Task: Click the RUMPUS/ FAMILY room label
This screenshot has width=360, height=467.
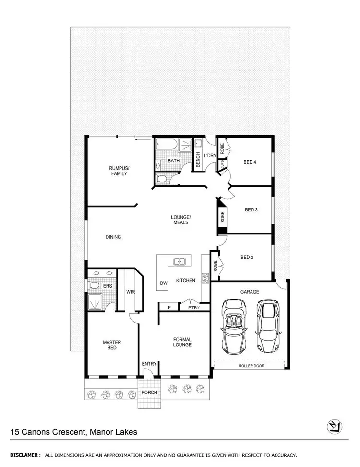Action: pyautogui.click(x=119, y=171)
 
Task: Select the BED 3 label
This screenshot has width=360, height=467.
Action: pyautogui.click(x=252, y=209)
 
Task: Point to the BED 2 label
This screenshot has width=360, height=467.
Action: pyautogui.click(x=247, y=257)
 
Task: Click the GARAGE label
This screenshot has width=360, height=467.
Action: pyautogui.click(x=250, y=292)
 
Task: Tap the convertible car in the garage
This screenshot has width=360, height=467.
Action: pyautogui.click(x=235, y=325)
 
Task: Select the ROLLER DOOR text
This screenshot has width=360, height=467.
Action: pyautogui.click(x=252, y=366)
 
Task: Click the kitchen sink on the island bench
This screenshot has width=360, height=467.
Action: pyautogui.click(x=180, y=262)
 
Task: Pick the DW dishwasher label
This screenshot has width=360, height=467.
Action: pyautogui.click(x=164, y=283)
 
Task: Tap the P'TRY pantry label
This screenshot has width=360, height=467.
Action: pyautogui.click(x=193, y=307)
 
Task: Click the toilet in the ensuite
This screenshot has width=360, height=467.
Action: pyautogui.click(x=95, y=285)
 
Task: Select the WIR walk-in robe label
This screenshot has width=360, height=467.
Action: pyautogui.click(x=130, y=292)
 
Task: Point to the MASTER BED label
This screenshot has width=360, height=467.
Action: pyautogui.click(x=112, y=345)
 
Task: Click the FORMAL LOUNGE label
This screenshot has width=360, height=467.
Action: pyautogui.click(x=182, y=342)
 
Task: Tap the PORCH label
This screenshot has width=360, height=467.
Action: pyautogui.click(x=149, y=393)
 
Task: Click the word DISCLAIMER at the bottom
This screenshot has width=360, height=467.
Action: pyautogui.click(x=25, y=455)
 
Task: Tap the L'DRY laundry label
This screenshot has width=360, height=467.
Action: pyautogui.click(x=210, y=156)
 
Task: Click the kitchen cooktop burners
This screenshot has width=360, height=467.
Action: pyautogui.click(x=205, y=277)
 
